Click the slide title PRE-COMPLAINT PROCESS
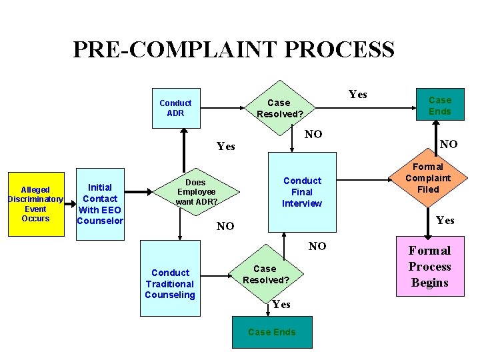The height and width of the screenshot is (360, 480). pyautogui.click(x=233, y=50)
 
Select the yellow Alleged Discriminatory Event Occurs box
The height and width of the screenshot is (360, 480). pyautogui.click(x=35, y=204)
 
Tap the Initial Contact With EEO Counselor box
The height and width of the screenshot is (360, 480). pyautogui.click(x=100, y=203)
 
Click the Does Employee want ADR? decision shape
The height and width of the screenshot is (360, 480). pyautogui.click(x=195, y=191)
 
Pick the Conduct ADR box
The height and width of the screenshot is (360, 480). pyautogui.click(x=175, y=108)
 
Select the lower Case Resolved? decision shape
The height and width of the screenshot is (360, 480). pyautogui.click(x=265, y=274)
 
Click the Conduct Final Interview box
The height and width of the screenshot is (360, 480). pyautogui.click(x=301, y=192)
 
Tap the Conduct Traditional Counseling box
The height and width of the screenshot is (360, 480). pyautogui.click(x=171, y=283)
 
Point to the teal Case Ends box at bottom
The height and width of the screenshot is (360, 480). pyautogui.click(x=271, y=332)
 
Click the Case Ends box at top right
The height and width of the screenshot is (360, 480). pyautogui.click(x=439, y=106)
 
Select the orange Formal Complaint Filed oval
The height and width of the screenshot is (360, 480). pyautogui.click(x=428, y=178)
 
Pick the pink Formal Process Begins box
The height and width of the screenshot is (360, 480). pyautogui.click(x=429, y=267)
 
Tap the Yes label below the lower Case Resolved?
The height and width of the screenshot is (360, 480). pyautogui.click(x=281, y=304)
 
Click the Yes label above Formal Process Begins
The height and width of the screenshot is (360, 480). pyautogui.click(x=445, y=221)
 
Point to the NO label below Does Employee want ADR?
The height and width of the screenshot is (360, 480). pyautogui.click(x=225, y=226)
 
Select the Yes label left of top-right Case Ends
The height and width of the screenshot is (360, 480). pyautogui.click(x=358, y=94)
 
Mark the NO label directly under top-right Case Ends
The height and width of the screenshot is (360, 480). pyautogui.click(x=449, y=143)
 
